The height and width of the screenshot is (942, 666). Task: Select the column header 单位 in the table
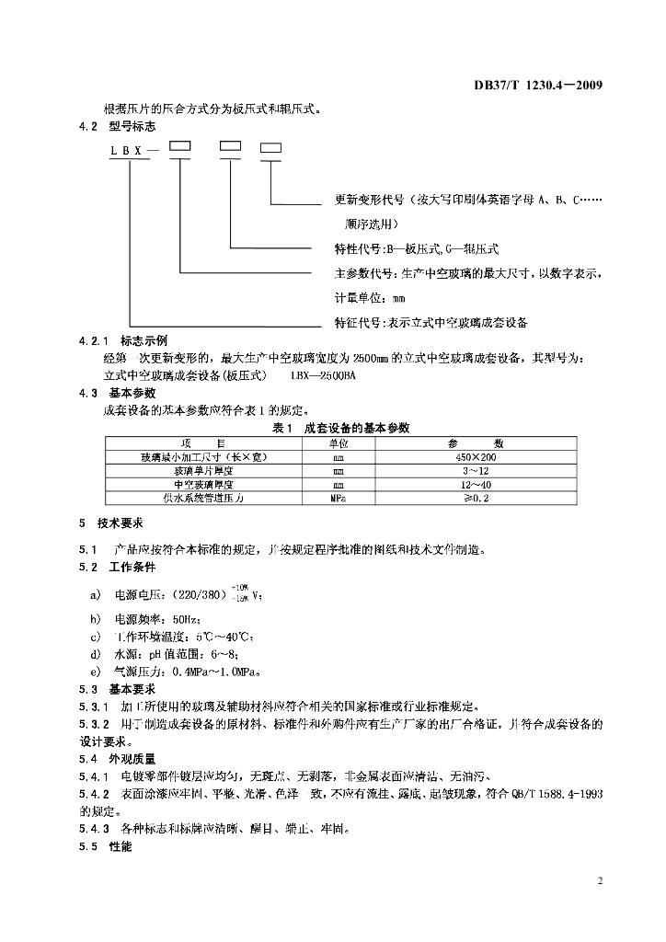338,443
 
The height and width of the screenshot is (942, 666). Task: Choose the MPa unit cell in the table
338,498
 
